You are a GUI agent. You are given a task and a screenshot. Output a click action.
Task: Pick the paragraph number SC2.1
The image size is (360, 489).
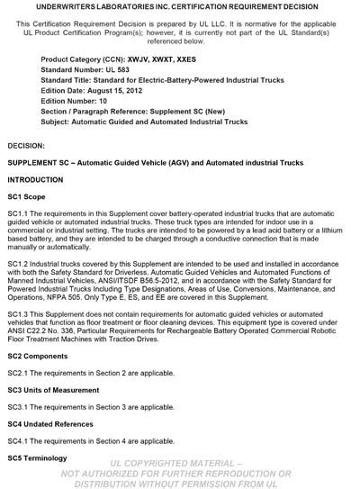[17, 373]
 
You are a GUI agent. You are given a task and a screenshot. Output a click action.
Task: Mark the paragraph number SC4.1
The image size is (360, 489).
[17, 441]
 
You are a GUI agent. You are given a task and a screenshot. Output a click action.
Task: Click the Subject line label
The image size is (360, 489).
[58, 120]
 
